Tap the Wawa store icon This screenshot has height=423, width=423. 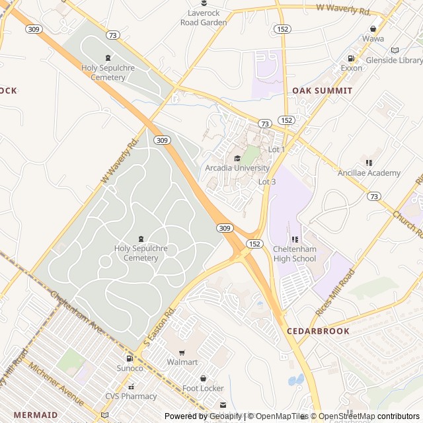373,28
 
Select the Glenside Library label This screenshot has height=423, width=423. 395,59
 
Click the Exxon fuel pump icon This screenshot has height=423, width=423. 351,58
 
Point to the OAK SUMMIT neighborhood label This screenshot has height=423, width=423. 323,90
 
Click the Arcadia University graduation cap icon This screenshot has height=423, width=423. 237,158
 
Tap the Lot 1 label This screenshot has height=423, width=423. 276,149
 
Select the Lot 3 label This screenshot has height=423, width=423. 267,182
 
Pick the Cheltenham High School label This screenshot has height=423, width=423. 295,254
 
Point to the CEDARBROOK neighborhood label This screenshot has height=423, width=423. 318,330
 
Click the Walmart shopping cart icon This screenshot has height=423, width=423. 182,352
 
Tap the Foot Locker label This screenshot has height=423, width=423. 203,388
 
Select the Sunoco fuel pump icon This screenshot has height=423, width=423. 130,358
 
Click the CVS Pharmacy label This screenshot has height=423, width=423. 131,397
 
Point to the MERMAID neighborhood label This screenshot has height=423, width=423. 36,414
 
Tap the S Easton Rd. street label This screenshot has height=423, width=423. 159,328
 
